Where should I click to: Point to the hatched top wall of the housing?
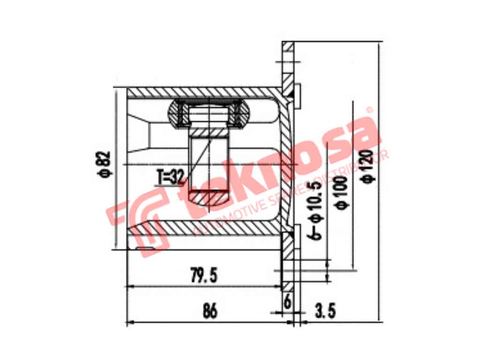(x=202, y=93)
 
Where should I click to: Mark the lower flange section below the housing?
(x=287, y=262)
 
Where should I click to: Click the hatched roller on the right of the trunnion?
(x=243, y=114)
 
